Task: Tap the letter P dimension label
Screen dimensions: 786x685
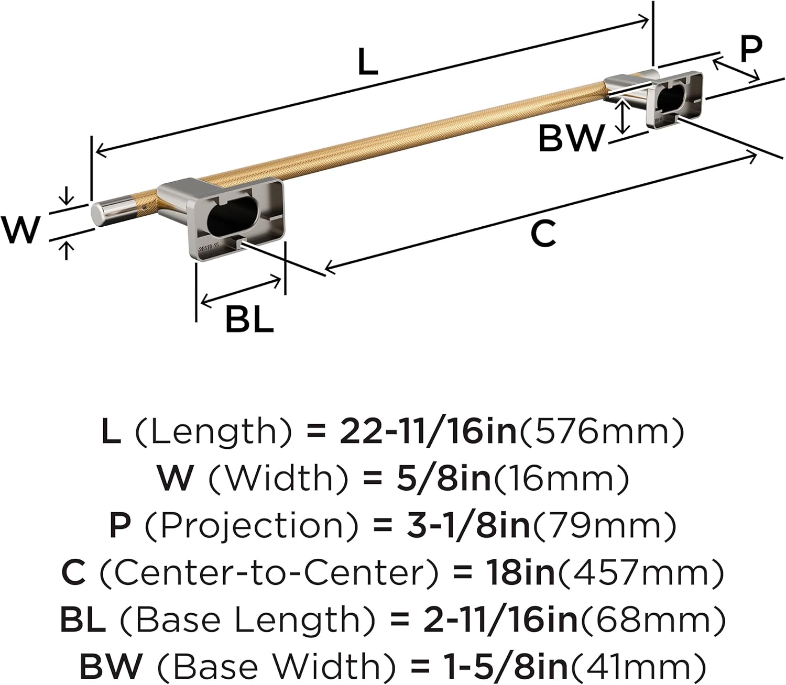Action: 750,49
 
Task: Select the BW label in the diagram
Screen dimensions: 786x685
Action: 571,138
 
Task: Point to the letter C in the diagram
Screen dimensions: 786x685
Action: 542,234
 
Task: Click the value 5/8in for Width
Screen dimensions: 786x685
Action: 443,479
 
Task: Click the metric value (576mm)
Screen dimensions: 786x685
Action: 601,432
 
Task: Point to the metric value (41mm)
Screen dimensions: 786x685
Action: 637,666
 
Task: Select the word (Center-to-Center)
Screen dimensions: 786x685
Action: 268,572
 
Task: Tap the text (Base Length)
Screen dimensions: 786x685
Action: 247,619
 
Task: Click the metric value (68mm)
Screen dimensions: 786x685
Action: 652,619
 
